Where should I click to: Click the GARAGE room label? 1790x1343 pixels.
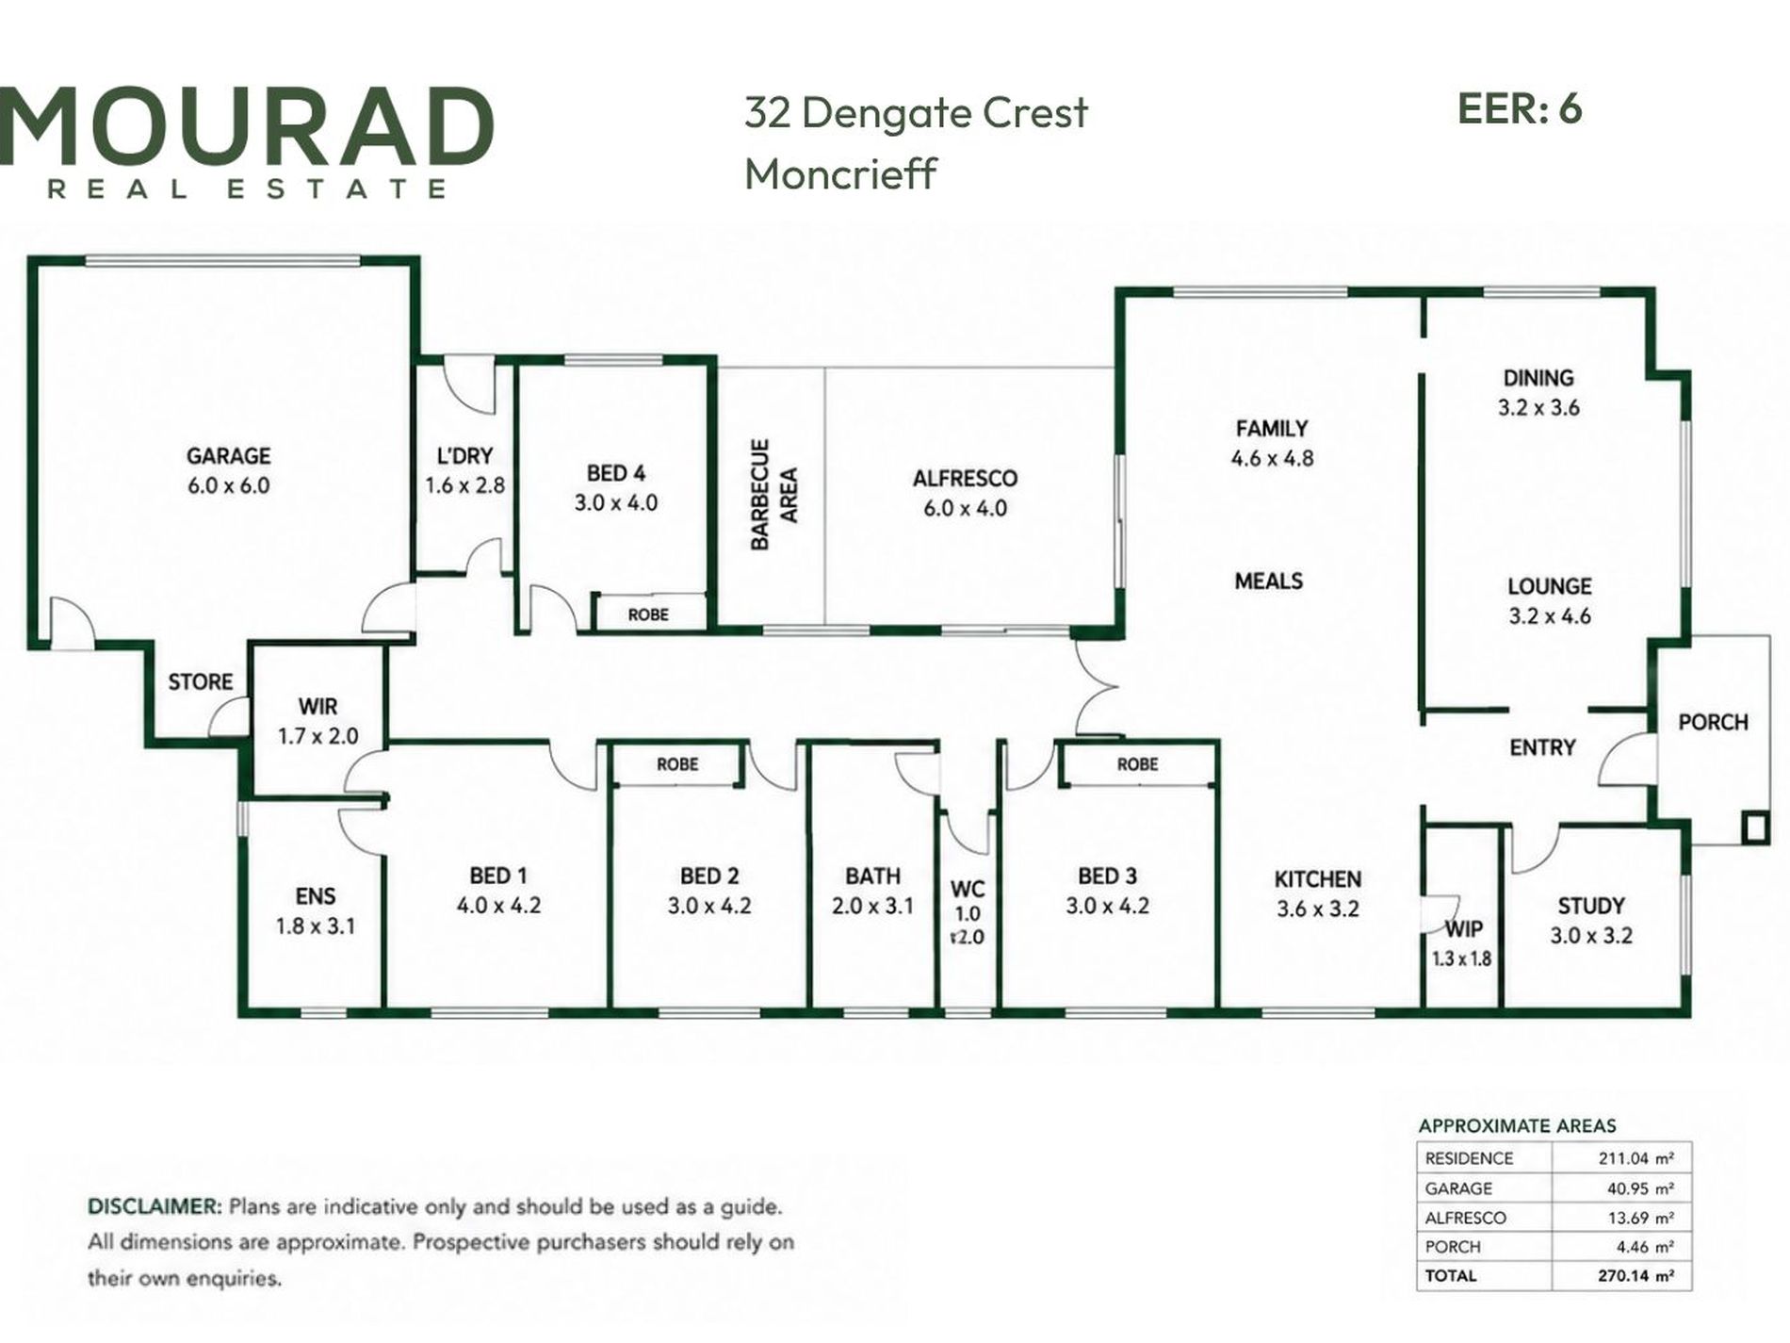(228, 456)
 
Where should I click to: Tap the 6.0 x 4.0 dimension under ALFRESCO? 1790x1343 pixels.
(965, 509)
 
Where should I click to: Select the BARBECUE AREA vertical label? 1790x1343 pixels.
(773, 494)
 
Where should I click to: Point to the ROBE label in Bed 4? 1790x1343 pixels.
(648, 614)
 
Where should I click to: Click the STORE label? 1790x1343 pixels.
(200, 681)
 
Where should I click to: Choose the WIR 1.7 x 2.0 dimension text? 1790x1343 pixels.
(317, 736)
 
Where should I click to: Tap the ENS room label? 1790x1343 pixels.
(315, 896)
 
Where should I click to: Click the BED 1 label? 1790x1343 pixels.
(497, 876)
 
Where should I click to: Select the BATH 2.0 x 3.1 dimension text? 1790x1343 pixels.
(872, 906)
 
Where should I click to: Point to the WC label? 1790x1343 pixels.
(968, 889)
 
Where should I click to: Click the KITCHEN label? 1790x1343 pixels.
(1317, 879)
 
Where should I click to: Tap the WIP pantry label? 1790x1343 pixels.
(1463, 929)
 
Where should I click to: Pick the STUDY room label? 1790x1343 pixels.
(1590, 906)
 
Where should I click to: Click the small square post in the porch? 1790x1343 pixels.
(1754, 827)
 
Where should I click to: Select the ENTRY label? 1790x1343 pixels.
(1542, 747)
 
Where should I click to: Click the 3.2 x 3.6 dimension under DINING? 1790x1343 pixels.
(1538, 408)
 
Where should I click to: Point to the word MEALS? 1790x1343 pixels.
(1268, 581)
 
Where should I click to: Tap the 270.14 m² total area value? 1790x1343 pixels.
(1635, 1276)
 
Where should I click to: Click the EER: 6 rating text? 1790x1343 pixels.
(1520, 109)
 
